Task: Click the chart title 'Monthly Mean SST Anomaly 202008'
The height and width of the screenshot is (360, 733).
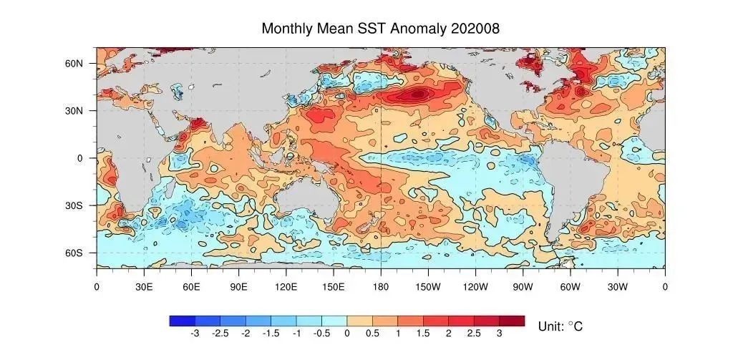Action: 380,29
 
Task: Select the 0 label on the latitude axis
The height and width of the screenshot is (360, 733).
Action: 81,158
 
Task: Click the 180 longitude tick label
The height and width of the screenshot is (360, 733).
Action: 381,286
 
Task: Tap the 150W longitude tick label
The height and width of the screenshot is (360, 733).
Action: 428,286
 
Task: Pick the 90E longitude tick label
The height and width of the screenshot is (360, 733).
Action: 238,286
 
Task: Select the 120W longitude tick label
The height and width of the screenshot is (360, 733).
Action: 475,286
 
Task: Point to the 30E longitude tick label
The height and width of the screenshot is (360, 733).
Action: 144,286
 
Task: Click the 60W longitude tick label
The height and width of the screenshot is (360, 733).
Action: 570,286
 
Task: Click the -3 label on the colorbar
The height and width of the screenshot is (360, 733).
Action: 195,334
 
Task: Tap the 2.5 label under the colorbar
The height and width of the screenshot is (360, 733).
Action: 474,334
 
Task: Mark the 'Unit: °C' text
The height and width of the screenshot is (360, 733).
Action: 560,326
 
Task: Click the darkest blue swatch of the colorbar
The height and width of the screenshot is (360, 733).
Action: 182,321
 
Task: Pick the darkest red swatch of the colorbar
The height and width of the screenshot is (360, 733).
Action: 512,321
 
